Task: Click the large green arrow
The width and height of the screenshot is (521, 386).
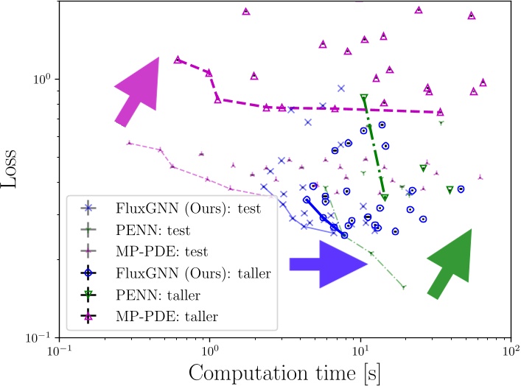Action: [x=451, y=264]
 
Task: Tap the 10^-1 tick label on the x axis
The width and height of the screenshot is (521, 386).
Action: [x=59, y=350]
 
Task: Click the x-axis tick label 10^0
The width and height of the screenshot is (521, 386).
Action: [x=210, y=350]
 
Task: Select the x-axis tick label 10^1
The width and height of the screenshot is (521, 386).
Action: [x=360, y=350]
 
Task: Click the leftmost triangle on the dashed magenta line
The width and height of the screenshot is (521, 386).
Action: [x=178, y=60]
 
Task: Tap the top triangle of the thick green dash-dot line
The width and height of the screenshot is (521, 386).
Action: [x=363, y=98]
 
